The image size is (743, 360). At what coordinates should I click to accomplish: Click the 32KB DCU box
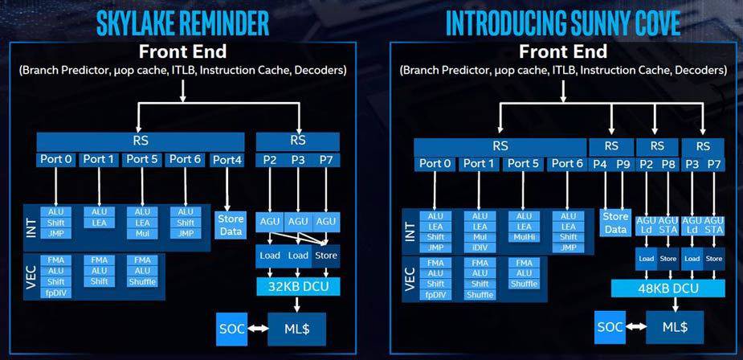(298, 286)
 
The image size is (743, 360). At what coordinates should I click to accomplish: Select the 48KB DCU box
(668, 288)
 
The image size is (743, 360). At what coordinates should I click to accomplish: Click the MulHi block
(524, 237)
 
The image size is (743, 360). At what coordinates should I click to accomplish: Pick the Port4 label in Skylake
(227, 161)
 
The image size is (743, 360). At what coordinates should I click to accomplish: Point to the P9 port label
(623, 164)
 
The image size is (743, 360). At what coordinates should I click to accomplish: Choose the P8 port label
(668, 164)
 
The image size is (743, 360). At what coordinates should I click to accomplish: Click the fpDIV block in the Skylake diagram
(56, 293)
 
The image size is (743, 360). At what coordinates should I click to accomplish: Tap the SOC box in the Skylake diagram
(232, 328)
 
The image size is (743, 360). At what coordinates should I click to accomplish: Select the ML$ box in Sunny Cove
(674, 327)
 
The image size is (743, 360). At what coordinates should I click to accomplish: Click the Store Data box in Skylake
(231, 225)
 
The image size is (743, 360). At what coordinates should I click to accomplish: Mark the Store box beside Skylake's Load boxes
(326, 256)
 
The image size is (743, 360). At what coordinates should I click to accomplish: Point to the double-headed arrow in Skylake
(258, 328)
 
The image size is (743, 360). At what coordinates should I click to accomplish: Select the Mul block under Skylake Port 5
(142, 233)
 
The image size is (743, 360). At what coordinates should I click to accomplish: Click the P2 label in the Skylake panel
(270, 160)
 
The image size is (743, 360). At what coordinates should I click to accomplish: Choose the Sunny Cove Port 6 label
(567, 164)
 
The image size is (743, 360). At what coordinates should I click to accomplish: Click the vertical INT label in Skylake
(31, 227)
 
